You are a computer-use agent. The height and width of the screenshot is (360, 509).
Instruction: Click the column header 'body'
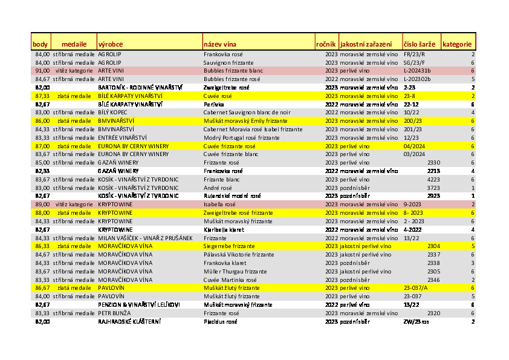(x=40, y=44)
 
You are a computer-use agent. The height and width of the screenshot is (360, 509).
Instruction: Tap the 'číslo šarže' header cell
(x=418, y=44)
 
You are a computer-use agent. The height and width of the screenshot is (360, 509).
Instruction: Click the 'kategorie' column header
(x=457, y=44)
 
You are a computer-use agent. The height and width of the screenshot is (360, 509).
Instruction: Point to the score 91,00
(x=42, y=71)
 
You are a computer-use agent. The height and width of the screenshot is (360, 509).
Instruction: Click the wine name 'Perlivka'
(x=213, y=104)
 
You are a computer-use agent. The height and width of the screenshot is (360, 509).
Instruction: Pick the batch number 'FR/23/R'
(x=414, y=54)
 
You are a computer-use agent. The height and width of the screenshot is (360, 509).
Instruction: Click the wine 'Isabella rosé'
(x=219, y=205)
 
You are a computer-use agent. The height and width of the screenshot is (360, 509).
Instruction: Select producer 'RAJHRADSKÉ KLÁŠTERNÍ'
(x=129, y=321)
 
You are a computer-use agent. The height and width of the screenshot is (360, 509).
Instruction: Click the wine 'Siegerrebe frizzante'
(x=229, y=246)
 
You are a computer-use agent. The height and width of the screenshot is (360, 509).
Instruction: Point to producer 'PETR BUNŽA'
(x=114, y=313)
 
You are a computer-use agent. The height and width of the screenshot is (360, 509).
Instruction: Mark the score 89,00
(x=42, y=205)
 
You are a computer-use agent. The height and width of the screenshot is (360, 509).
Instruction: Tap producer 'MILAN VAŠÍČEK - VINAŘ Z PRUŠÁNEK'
(x=145, y=238)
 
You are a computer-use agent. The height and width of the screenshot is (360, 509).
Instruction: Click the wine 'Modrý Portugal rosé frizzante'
(x=242, y=137)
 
